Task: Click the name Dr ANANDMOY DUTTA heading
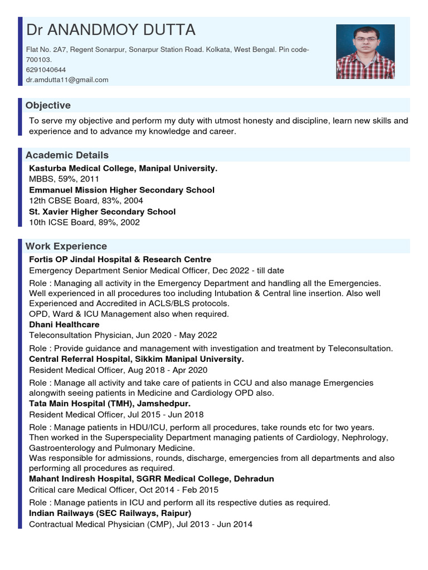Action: pos(110,30)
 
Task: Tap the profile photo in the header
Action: pos(365,51)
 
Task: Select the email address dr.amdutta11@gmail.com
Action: pos(67,80)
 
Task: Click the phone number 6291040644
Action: pos(46,70)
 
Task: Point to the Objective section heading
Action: pos(48,105)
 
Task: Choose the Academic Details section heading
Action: pos(67,155)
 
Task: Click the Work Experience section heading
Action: pos(66,246)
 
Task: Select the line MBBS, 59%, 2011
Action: pos(64,179)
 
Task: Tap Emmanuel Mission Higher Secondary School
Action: pos(121,190)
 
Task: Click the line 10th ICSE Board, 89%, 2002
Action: pos(84,222)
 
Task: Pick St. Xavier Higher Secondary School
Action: pos(102,212)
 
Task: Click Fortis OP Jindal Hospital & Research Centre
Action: pos(120,259)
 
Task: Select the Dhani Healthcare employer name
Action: pos(64,324)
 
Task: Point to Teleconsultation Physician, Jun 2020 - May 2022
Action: pos(123,335)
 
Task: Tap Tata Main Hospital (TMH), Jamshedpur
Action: pos(110,403)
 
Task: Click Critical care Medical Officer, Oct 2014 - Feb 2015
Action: pos(124,490)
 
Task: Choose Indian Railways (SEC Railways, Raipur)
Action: pos(110,513)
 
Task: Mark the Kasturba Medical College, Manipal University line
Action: pos(123,168)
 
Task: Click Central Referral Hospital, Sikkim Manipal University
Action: pos(136,359)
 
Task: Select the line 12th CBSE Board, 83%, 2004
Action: pos(86,200)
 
